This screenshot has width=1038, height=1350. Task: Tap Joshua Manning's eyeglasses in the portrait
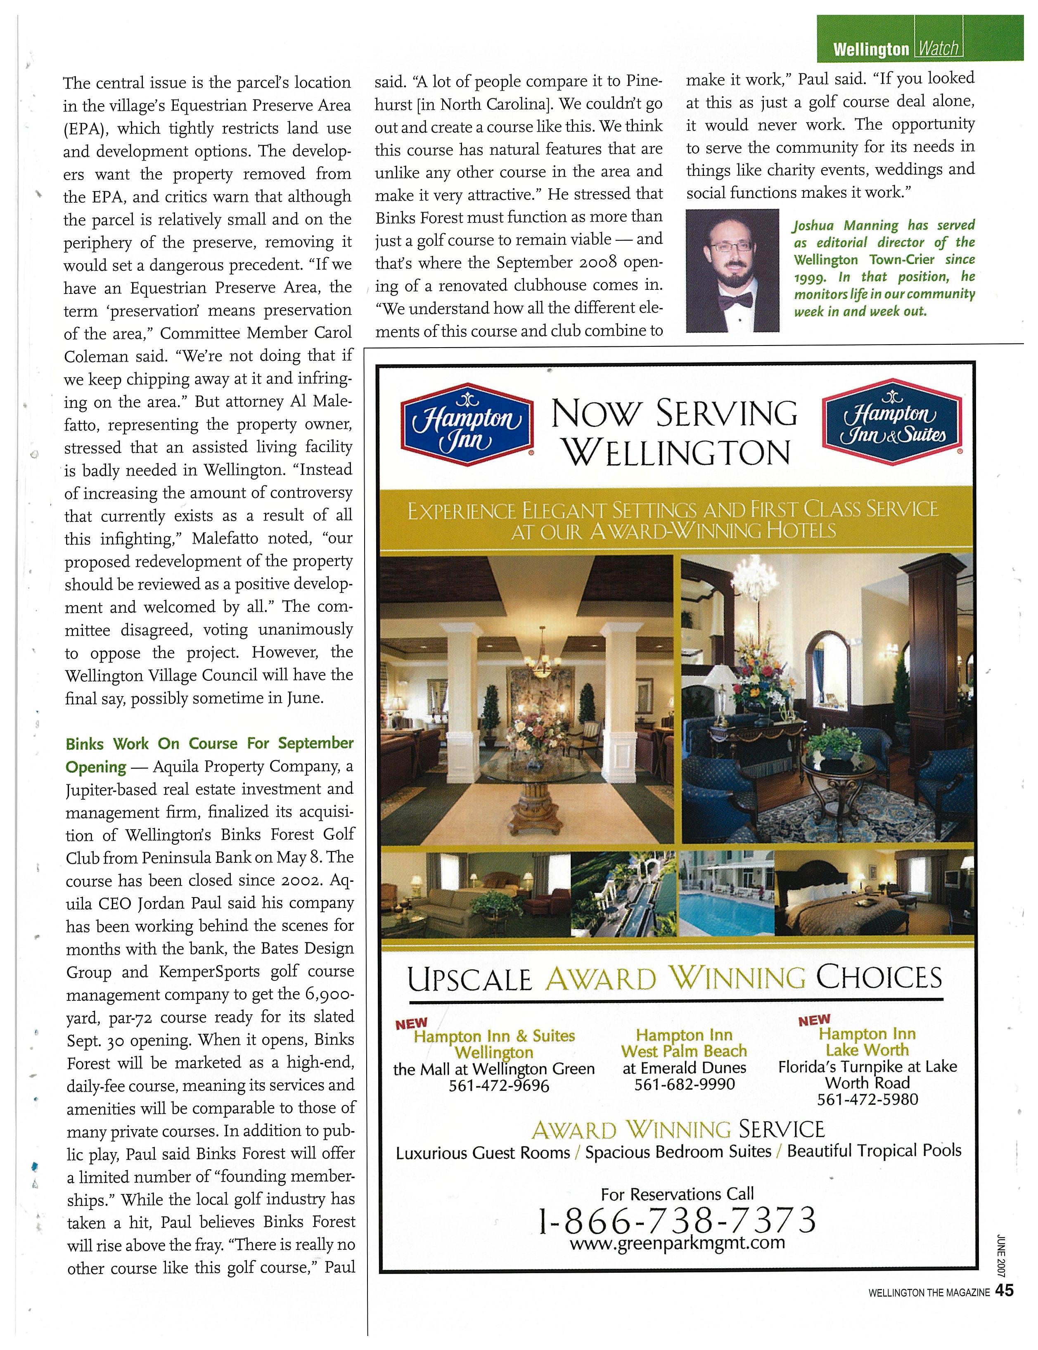(x=732, y=246)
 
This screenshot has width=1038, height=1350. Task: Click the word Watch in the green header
(x=938, y=48)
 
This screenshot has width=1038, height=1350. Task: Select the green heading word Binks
(x=85, y=743)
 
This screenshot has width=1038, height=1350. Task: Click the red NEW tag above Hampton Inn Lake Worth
(x=814, y=1020)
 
